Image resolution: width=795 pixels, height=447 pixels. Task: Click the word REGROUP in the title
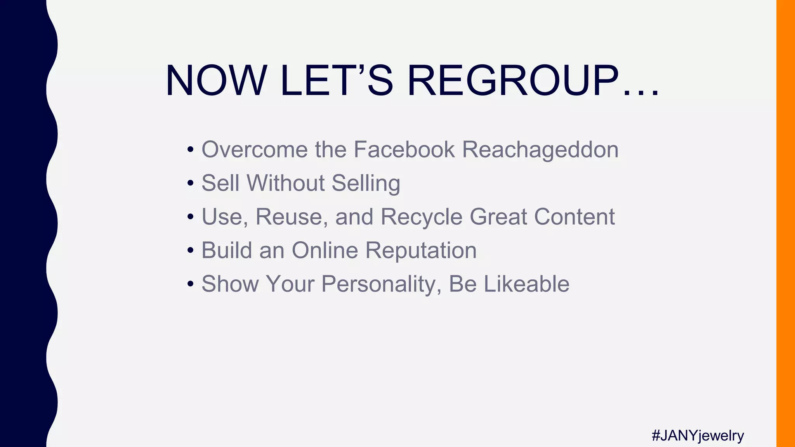(513, 81)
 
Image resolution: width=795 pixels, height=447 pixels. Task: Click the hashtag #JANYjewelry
(698, 435)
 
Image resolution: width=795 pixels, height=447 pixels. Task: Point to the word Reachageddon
(540, 150)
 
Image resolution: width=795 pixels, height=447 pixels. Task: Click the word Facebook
(404, 149)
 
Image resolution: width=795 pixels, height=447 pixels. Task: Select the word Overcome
(254, 149)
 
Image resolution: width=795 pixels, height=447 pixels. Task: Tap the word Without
(285, 183)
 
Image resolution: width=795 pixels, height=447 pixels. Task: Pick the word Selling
(366, 184)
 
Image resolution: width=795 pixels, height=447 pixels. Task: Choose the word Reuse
(289, 217)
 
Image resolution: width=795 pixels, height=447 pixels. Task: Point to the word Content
(574, 217)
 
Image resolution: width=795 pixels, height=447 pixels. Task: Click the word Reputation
(421, 251)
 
